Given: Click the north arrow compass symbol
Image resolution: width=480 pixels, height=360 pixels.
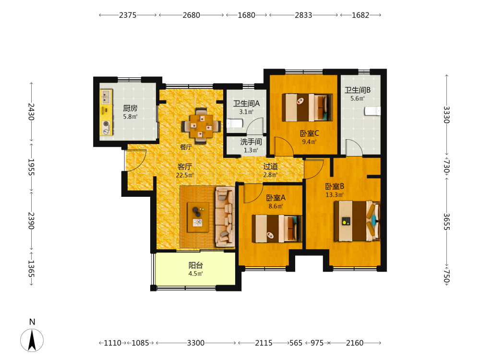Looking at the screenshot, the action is pos(32,340).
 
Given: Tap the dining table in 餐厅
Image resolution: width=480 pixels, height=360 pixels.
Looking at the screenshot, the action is pos(201,126).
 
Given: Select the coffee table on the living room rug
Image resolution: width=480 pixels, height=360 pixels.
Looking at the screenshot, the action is pos(198,217).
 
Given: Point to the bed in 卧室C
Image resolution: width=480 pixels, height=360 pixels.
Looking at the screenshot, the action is pos(307,108).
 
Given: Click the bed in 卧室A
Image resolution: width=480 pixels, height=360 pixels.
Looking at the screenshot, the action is pos(277,228).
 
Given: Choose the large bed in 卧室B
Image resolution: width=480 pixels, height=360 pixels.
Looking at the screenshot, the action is pos(357,221).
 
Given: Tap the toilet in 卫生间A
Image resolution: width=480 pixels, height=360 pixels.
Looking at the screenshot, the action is pos(235,123).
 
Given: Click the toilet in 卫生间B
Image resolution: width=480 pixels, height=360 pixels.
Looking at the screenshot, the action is pos(372,111).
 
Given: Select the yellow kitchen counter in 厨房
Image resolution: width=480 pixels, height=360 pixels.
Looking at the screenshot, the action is pos(106,112).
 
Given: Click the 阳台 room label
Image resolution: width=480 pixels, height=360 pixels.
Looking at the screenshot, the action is pos(196,265).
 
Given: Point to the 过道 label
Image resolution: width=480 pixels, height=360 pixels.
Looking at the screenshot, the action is pos(271,166).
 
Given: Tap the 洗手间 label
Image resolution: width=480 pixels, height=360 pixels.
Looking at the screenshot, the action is pos(251,142).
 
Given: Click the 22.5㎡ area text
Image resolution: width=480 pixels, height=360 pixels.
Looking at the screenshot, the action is pos(185,175).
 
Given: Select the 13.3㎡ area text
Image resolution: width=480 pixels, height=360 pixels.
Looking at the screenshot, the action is pos(335,195).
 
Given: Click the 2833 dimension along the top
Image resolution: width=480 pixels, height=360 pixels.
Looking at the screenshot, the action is pos(303,15).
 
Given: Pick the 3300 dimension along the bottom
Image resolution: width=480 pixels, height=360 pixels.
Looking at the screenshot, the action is pos(196,343).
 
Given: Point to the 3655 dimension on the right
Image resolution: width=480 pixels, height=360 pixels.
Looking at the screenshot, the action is pos(446,222).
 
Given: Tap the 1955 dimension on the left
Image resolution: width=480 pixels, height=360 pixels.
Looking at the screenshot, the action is pos(31,167).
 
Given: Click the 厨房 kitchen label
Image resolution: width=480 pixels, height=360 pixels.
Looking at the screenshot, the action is pos(130,108).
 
